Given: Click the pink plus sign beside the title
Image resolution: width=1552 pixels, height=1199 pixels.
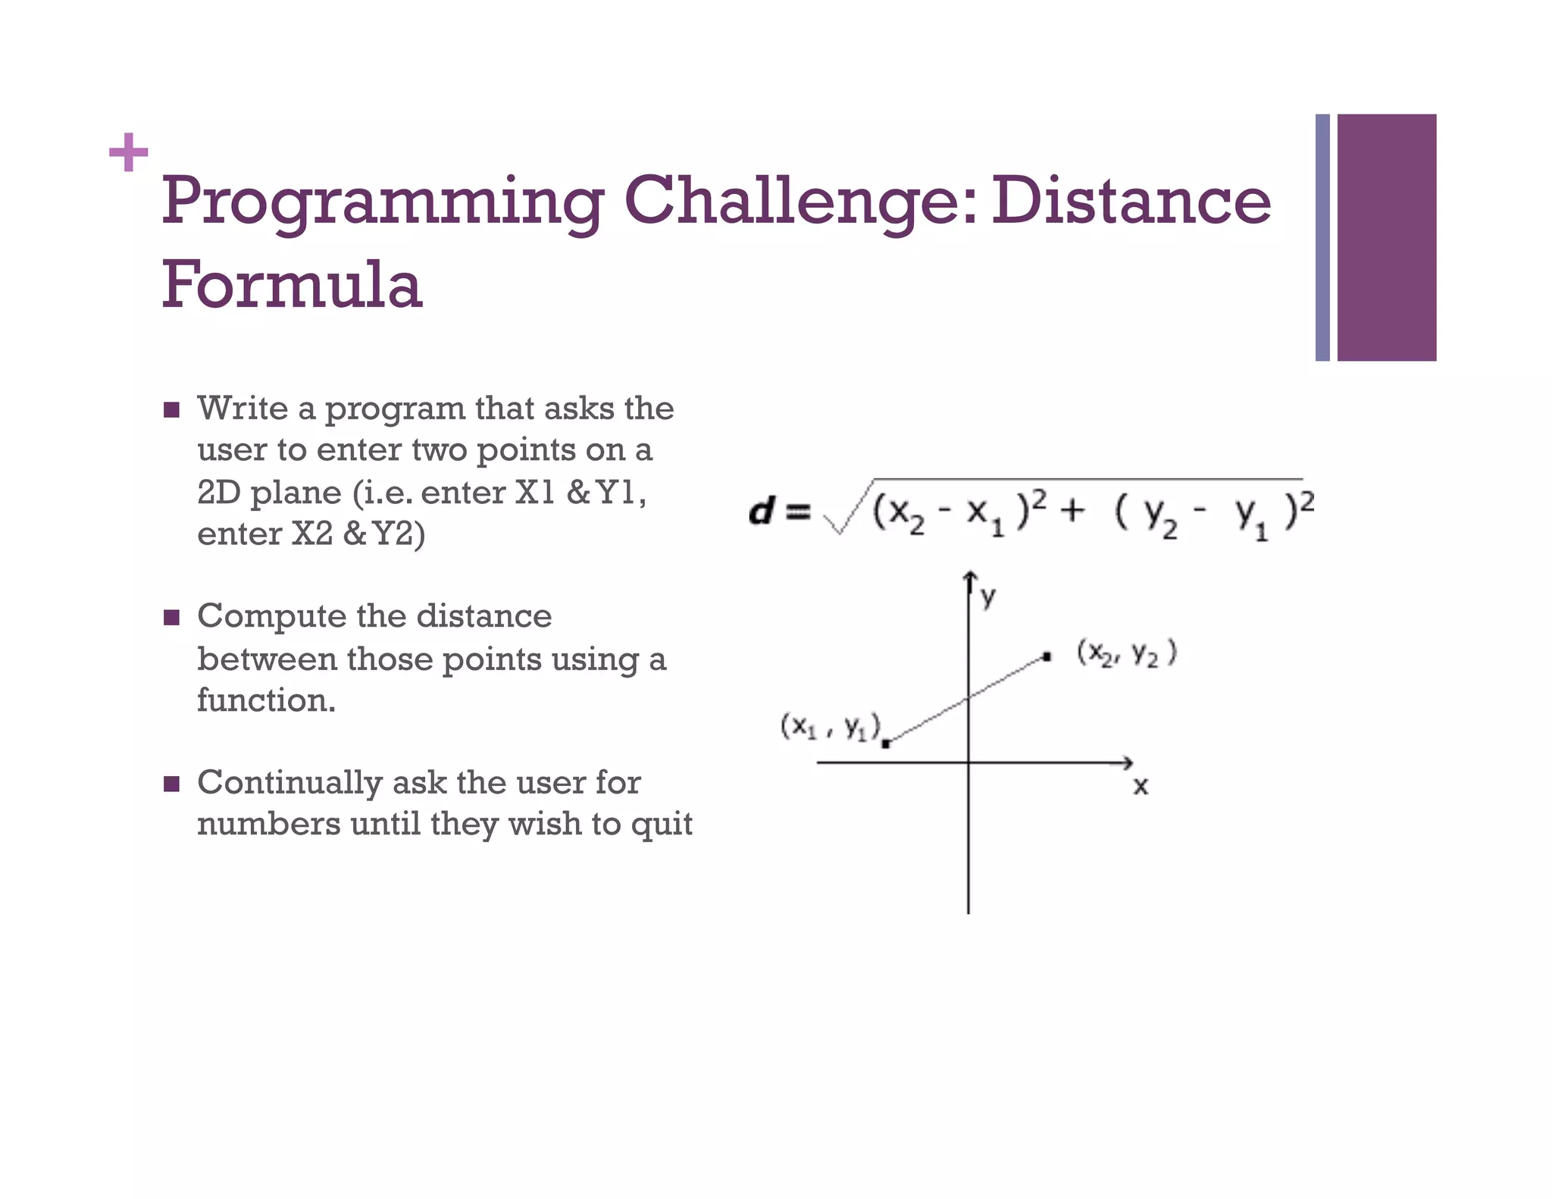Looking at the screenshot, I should coord(128,152).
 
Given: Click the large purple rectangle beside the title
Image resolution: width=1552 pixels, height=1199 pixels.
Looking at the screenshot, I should coord(1386,236).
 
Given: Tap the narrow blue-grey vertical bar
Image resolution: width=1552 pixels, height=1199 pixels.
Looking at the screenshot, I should coord(1322,236).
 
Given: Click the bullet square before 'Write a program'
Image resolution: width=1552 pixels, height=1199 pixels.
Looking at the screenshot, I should coord(171,411).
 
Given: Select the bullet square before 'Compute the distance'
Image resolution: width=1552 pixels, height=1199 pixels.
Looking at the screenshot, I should coord(171,618).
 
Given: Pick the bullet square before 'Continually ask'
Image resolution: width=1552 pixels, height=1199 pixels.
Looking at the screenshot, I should coord(171,784).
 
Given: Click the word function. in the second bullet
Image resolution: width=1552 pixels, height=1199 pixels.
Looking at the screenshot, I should coord(266,700).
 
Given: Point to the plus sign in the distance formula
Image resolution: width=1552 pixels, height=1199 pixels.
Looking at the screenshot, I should coord(1072,510).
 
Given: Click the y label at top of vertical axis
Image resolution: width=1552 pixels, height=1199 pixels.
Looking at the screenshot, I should coord(988,597).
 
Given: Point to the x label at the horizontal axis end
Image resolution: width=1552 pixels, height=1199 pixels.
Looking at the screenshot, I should coord(1141,787).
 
